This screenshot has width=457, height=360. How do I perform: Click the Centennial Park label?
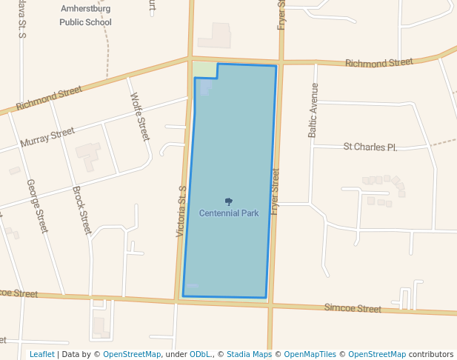[229, 213]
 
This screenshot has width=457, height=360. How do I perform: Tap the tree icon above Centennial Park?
[229, 201]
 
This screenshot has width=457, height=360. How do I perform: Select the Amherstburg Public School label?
[86, 15]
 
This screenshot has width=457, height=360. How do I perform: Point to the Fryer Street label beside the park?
[275, 191]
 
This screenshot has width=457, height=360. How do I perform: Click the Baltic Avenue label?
[313, 110]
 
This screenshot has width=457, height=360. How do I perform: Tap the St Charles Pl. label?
[370, 147]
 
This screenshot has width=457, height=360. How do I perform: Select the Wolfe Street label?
[140, 116]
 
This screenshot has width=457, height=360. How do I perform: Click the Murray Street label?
[47, 137]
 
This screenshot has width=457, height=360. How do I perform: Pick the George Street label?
[37, 206]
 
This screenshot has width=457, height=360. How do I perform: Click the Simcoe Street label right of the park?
[353, 308]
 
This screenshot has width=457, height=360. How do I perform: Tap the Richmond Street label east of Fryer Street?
[378, 64]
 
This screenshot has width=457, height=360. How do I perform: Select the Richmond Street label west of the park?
[49, 97]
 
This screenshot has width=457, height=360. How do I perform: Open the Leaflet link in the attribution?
[41, 354]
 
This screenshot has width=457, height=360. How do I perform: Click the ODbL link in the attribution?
[200, 354]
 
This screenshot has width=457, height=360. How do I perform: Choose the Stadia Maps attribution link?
[249, 354]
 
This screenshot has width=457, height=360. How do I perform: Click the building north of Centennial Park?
[215, 36]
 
